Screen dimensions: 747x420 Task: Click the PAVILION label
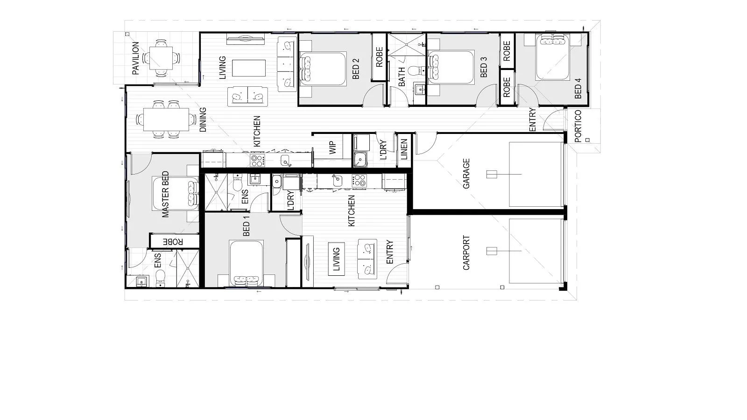coord(135,58)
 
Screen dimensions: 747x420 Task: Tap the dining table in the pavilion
coord(161,58)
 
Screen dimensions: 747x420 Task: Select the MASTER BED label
coord(165,194)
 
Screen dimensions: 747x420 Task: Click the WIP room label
coord(332,148)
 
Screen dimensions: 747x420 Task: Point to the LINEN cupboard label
coord(404,149)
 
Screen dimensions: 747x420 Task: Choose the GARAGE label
coord(466,174)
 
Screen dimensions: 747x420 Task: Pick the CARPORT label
coord(466,252)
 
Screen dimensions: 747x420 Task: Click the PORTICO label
coord(578,126)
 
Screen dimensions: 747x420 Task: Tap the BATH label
coord(402,77)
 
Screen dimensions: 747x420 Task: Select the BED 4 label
coord(578,88)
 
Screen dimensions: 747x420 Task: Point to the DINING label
coord(203,119)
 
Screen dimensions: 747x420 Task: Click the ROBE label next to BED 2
coord(380,57)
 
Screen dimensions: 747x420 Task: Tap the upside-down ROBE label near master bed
coord(173,242)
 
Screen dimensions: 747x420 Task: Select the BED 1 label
coord(247,226)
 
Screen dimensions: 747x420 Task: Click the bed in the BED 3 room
coord(451,67)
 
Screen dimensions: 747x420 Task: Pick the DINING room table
coord(166,119)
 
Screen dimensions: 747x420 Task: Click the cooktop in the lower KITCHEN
coord(359,180)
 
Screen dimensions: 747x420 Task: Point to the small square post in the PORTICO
coord(587,140)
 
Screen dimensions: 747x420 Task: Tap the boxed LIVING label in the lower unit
coord(337,259)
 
